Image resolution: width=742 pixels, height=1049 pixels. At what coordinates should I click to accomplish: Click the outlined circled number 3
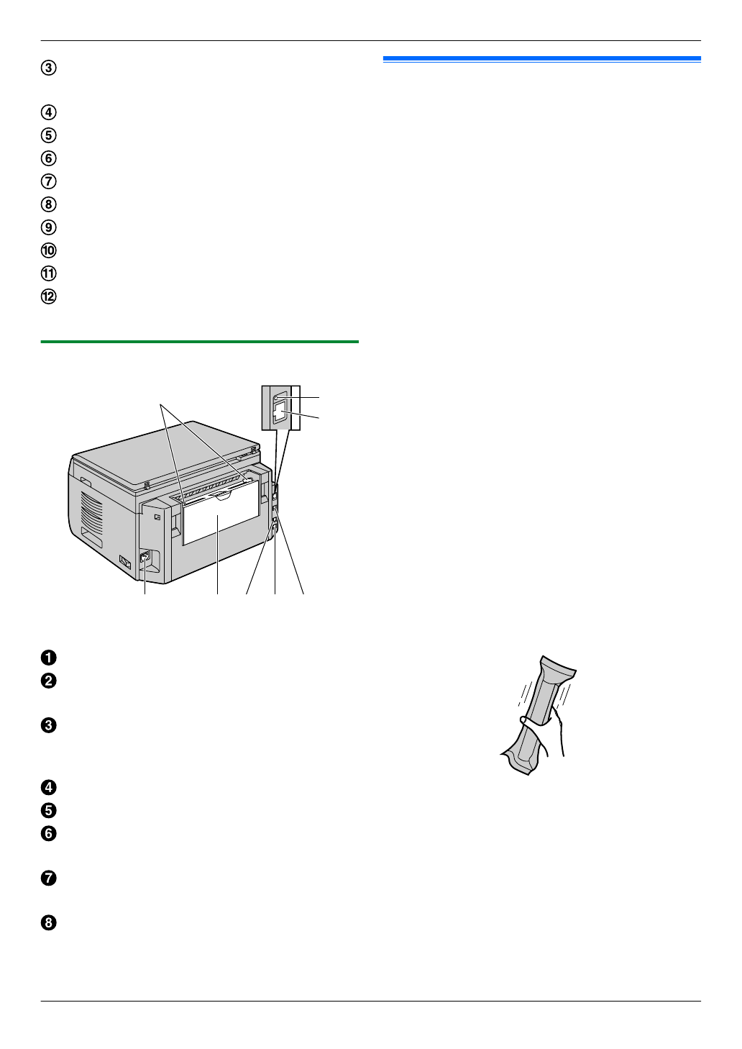pyautogui.click(x=48, y=68)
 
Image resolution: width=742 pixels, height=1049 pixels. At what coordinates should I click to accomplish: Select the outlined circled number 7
pyautogui.click(x=48, y=181)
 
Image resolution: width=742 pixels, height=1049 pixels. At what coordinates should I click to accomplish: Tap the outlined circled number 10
pyautogui.click(x=48, y=250)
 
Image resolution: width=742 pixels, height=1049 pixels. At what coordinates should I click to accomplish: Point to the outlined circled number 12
pyautogui.click(x=48, y=296)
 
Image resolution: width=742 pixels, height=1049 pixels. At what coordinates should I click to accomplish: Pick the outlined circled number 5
pyautogui.click(x=48, y=135)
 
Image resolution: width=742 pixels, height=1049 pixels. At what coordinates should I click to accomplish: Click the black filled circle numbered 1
pyautogui.click(x=48, y=658)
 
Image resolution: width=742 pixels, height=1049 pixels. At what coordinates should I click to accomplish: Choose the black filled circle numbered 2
pyautogui.click(x=48, y=681)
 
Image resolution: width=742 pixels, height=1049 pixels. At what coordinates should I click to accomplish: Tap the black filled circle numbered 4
pyautogui.click(x=48, y=788)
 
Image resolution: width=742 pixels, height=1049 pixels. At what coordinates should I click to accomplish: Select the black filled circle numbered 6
pyautogui.click(x=48, y=834)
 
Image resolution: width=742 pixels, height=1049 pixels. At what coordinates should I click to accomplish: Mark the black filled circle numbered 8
pyautogui.click(x=48, y=923)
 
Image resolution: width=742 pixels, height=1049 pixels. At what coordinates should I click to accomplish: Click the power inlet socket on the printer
pyautogui.click(x=145, y=558)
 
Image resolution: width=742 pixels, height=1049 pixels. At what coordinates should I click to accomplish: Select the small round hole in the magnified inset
pyautogui.click(x=276, y=396)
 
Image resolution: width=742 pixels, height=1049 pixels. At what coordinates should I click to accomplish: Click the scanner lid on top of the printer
pyautogui.click(x=165, y=460)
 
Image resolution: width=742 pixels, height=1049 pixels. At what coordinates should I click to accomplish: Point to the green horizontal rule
pyautogui.click(x=199, y=342)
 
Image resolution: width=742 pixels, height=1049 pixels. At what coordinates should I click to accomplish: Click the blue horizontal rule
pyautogui.click(x=541, y=58)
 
